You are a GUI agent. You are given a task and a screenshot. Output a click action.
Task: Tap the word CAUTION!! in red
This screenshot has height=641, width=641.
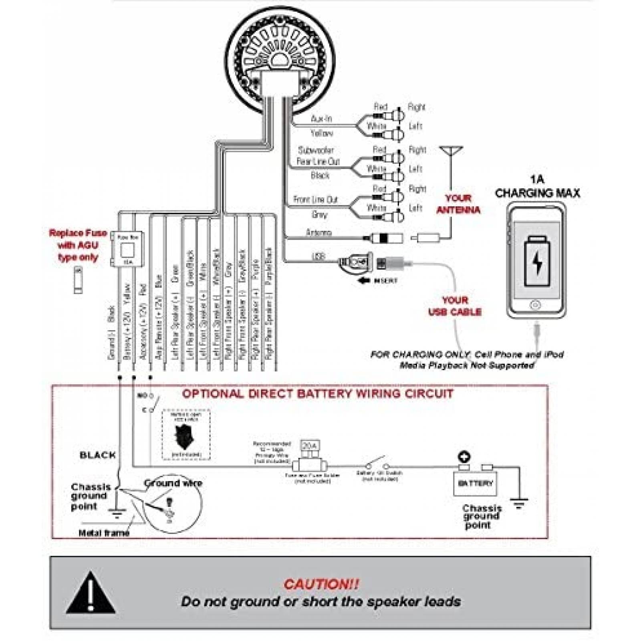tap(321, 584)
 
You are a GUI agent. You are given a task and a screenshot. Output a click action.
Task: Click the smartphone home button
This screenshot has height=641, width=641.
tap(535, 305)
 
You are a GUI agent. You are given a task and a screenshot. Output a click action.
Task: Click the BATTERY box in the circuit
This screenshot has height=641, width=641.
tap(475, 483)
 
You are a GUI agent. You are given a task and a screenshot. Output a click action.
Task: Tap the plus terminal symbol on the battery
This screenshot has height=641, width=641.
tap(464, 457)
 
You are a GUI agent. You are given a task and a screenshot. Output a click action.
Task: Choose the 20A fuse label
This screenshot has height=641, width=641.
tap(309, 445)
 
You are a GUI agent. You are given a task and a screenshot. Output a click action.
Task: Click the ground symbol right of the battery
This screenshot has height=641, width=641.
tap(520, 503)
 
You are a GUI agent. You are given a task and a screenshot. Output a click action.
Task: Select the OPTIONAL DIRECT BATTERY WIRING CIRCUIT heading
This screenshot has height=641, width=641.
tap(318, 393)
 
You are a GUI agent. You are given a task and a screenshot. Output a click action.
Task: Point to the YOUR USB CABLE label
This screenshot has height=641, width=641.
tap(455, 306)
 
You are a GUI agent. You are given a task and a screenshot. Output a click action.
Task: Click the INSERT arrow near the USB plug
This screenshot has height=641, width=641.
tap(365, 281)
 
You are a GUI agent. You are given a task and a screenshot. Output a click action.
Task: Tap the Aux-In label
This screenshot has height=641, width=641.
tap(321, 119)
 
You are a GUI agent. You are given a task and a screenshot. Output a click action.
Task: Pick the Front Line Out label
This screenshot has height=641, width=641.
tap(315, 200)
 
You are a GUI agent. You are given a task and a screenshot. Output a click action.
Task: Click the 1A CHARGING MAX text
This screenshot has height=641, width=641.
tap(537, 187)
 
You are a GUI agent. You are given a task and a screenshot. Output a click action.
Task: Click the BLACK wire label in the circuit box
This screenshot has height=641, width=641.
tap(98, 455)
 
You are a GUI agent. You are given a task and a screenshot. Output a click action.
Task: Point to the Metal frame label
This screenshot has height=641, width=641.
tap(104, 533)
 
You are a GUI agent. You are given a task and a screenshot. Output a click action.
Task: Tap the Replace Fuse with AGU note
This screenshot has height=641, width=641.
tap(78, 245)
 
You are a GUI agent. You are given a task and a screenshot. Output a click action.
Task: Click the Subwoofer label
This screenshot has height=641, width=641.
tap(316, 150)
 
